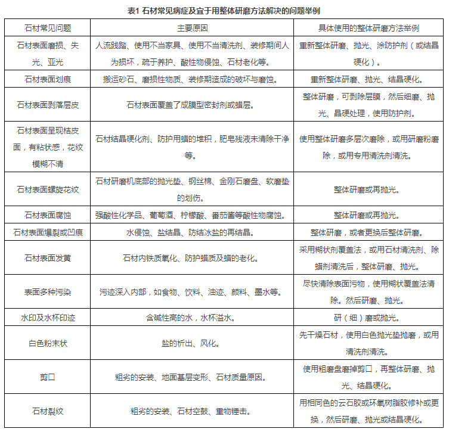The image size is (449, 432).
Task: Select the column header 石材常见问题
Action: [x=48, y=28]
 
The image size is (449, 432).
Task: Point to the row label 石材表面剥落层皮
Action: [x=48, y=104]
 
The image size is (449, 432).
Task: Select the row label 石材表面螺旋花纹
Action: [x=48, y=189]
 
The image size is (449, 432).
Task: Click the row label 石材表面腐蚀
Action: [x=48, y=215]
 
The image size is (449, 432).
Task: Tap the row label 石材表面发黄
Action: [x=48, y=258]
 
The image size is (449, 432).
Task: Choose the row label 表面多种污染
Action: [x=48, y=292]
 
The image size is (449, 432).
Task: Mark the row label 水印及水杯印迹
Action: [x=48, y=318]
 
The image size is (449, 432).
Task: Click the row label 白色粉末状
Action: [x=48, y=343]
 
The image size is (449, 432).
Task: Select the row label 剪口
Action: [x=48, y=377]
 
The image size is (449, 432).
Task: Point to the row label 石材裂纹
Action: [x=48, y=411]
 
